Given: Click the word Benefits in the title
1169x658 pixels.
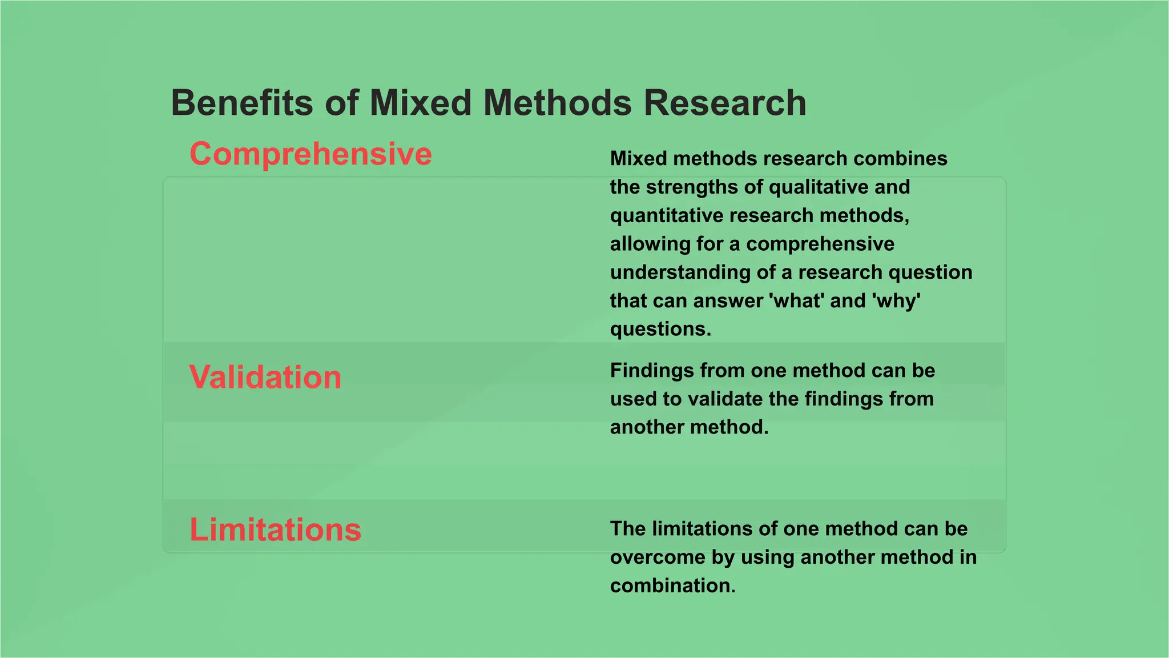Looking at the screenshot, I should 242,103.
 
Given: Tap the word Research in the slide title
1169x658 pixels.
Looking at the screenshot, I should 725,103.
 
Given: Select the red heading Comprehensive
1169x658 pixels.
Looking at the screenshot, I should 311,154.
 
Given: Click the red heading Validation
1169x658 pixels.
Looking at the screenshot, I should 265,378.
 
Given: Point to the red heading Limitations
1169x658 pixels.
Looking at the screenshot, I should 275,529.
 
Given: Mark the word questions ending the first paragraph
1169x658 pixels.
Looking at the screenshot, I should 660,330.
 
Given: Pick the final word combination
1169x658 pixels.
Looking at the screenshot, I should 672,586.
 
